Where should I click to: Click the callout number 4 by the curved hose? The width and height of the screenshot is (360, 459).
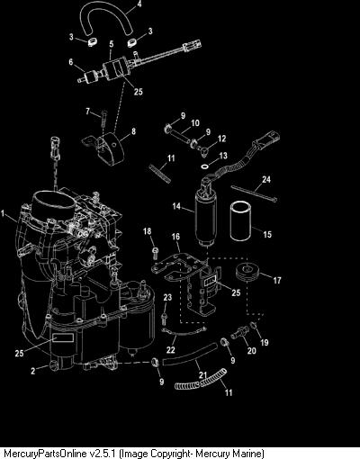pos(139,4)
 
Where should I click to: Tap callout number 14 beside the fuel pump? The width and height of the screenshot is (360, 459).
pos(176,206)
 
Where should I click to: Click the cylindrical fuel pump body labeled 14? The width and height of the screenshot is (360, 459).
pos(202,216)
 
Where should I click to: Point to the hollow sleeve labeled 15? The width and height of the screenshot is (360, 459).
pos(240,221)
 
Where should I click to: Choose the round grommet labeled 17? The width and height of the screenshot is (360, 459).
pos(247,273)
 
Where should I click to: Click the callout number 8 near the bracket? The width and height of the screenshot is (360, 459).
pos(133,131)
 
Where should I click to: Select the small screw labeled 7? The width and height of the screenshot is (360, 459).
pos(104,118)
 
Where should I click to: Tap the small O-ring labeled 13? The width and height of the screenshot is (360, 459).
pos(205,166)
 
